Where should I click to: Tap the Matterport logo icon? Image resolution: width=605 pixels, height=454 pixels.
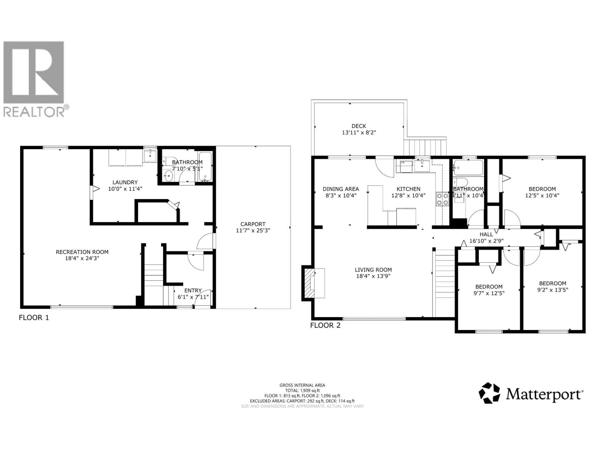pos(489,393)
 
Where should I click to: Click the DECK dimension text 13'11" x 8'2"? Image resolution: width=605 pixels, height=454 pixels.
pos(359,132)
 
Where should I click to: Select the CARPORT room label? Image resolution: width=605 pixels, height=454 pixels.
pos(253,224)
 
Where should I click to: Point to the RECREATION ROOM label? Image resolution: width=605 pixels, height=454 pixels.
pos(82,252)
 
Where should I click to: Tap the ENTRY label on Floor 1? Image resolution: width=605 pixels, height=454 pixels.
pos(193,290)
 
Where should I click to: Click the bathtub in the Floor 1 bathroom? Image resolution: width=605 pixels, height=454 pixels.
pos(205,166)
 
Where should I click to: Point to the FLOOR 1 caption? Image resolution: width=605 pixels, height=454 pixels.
pos(34,317)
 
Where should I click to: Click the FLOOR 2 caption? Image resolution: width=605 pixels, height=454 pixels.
pos(325,325)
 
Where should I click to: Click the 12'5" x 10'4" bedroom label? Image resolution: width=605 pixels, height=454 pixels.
pos(542,195)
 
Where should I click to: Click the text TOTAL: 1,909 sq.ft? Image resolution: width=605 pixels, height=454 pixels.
pos(302,390)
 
